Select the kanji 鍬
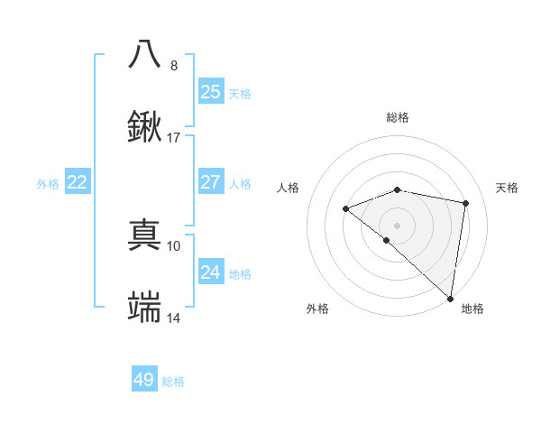(x=144, y=126)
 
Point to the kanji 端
(x=144, y=308)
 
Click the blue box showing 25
(x=211, y=92)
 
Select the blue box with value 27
(x=211, y=182)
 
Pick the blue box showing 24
(x=211, y=272)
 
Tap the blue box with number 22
(x=78, y=182)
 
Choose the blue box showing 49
(x=144, y=380)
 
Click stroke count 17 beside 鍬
(x=174, y=138)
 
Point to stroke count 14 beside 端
(x=174, y=319)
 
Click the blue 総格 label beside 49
(x=173, y=382)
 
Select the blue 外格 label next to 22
(x=48, y=184)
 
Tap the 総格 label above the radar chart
(x=397, y=117)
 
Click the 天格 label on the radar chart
(x=507, y=188)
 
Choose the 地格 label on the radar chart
(x=472, y=309)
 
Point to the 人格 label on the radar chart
(x=288, y=188)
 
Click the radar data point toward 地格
(x=450, y=298)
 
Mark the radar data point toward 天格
(x=466, y=203)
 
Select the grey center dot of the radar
(x=397, y=225)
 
